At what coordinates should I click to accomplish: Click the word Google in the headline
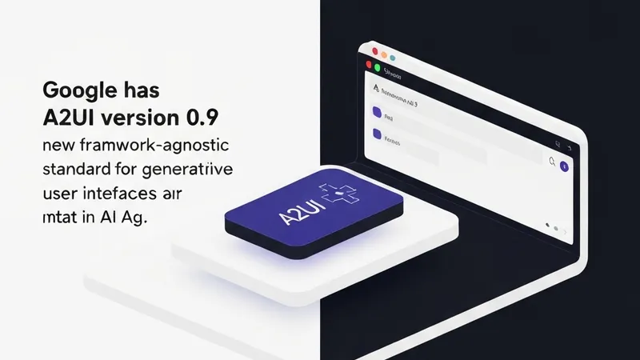pos(70,90)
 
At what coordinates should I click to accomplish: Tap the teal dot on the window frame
pos(394,58)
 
